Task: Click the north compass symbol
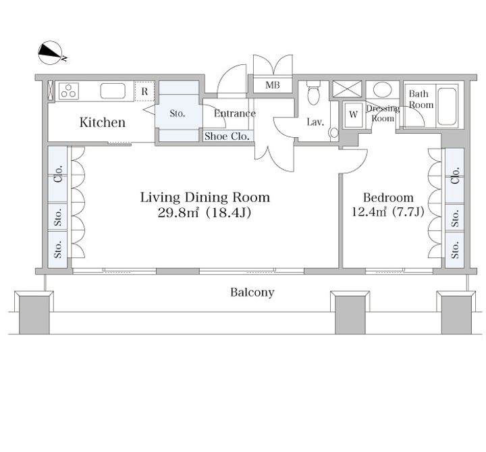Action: coord(51,53)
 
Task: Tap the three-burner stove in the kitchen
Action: coord(68,91)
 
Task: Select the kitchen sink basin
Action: coord(113,91)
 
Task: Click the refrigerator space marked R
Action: coord(144,91)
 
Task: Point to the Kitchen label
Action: coord(103,122)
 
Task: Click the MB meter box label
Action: coord(273,84)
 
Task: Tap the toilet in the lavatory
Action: coord(313,93)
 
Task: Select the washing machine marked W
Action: coord(353,114)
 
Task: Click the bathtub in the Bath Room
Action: coord(447,106)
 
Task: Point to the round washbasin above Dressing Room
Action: coord(382,89)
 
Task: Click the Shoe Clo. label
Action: coord(227,136)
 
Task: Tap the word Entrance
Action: coord(235,114)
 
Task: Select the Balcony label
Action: coord(252,293)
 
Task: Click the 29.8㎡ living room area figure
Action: coord(178,213)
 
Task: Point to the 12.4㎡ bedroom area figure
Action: coord(369,211)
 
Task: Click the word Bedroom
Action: coord(388,197)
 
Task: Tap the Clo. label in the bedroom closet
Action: coord(455,176)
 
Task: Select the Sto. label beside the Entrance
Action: coord(178,114)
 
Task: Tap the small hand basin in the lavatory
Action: coord(334,133)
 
